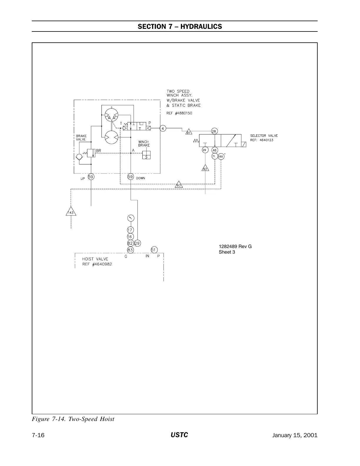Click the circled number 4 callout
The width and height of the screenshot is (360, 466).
point(163,128)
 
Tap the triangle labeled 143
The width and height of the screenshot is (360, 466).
point(71,212)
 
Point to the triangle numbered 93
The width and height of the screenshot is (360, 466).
point(179,185)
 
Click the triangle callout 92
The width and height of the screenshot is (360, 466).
point(205,168)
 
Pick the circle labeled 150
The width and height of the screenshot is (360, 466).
point(221,157)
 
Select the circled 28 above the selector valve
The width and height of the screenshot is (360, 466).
point(214,131)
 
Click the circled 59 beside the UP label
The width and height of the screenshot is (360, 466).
point(91,177)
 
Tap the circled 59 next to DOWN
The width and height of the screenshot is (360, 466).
point(130,177)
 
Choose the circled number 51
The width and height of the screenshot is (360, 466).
point(154,250)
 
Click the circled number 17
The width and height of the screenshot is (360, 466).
point(130,230)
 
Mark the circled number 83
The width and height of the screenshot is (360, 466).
point(130,250)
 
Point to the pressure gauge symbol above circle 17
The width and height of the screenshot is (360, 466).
point(131,218)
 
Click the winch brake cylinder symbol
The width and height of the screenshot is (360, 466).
point(146,155)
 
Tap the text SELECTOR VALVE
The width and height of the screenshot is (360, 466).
point(264,136)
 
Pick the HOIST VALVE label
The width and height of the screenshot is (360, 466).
point(95,259)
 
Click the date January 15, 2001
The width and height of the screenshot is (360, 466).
point(295,435)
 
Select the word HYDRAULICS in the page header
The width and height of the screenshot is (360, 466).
point(201,26)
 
